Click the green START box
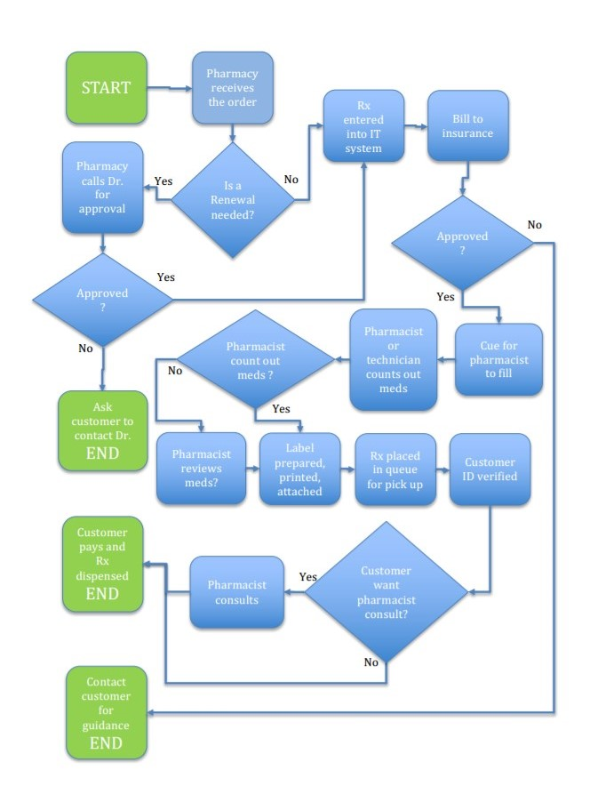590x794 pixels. click(106, 87)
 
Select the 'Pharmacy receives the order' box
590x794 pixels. click(233, 87)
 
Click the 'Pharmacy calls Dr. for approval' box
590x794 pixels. click(102, 188)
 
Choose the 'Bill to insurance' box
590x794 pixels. click(468, 132)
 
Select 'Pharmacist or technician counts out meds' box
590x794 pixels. click(394, 359)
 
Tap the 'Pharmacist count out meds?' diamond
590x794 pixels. click(257, 359)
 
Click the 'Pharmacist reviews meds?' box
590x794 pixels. click(201, 467)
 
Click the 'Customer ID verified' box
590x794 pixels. click(490, 467)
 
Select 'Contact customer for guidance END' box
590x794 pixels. click(106, 713)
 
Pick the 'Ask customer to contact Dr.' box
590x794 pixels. click(102, 429)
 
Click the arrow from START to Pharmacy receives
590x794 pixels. click(169, 88)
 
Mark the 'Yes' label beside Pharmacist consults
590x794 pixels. click(308, 577)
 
